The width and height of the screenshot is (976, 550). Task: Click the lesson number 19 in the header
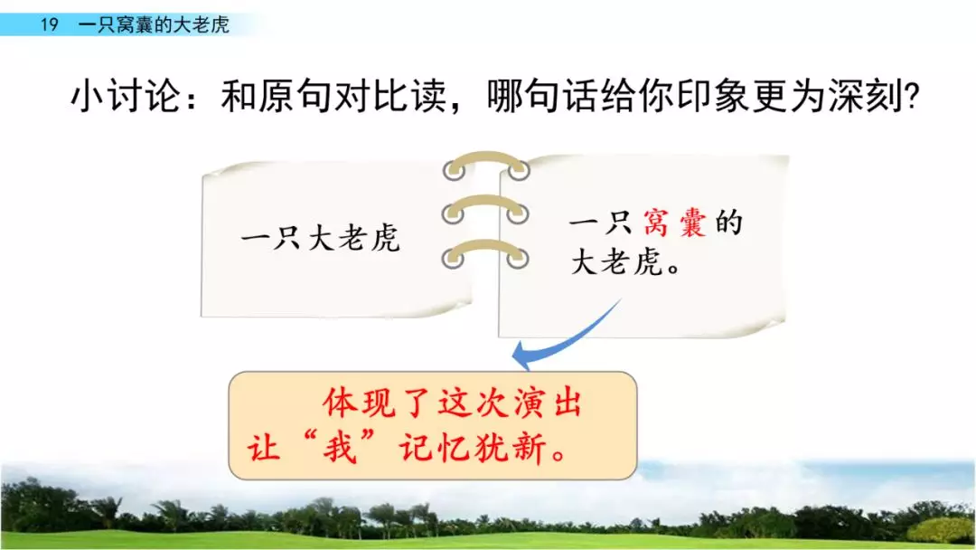click(50, 25)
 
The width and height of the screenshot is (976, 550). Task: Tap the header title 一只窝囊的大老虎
click(154, 25)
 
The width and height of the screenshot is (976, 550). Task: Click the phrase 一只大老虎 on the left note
click(321, 241)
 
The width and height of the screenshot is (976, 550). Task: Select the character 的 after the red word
click(728, 223)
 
